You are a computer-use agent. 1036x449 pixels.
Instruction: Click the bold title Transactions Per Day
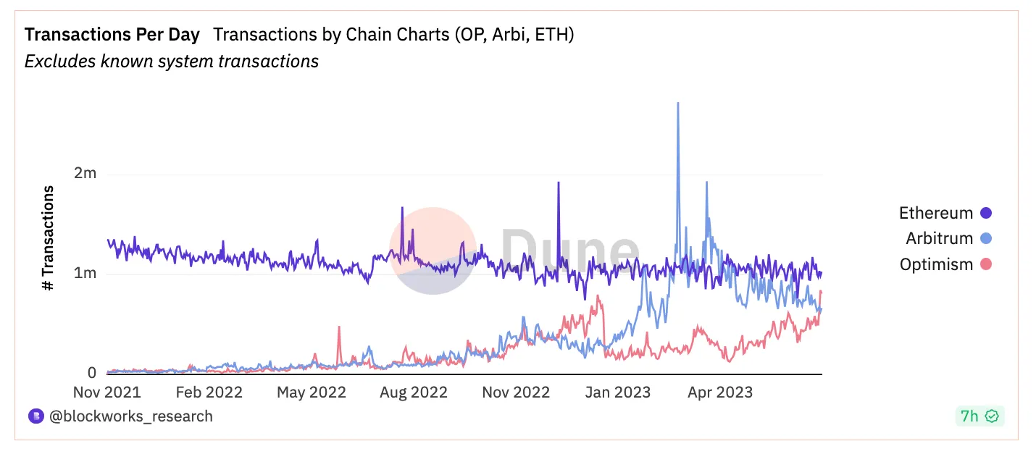point(112,35)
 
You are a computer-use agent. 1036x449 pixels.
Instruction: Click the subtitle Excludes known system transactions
point(172,62)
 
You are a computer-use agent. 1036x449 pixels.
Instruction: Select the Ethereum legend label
point(935,213)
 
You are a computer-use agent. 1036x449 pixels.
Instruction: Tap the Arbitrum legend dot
point(985,238)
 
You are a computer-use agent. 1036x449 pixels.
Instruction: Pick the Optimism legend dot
point(985,264)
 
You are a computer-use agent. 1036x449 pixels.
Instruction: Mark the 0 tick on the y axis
point(91,373)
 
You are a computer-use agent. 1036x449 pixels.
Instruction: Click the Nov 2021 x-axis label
point(107,393)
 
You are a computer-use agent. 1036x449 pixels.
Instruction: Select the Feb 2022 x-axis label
point(209,393)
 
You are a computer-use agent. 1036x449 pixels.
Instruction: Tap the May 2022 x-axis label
point(312,393)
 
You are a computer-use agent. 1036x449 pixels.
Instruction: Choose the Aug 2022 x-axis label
point(414,393)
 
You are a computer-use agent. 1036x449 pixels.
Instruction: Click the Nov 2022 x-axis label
point(516,393)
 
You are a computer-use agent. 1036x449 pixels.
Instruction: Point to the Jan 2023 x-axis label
point(617,393)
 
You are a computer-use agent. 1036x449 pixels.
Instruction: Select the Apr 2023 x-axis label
point(719,393)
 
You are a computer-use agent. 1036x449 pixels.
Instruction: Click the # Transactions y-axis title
point(49,238)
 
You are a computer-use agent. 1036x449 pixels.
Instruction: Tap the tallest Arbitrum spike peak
point(677,104)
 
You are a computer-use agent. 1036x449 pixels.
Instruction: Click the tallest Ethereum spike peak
point(559,182)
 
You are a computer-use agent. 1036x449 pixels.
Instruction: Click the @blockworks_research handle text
point(130,416)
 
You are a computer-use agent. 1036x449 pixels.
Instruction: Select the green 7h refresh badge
point(979,416)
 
